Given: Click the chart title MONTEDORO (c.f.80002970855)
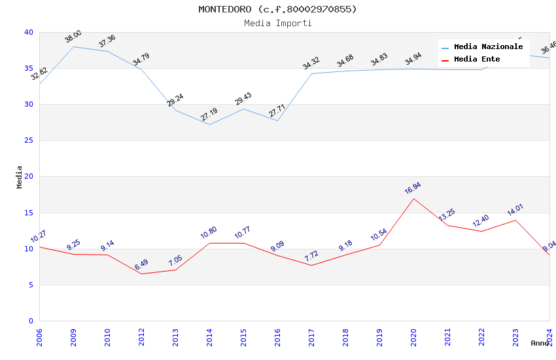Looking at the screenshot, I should coord(278,9).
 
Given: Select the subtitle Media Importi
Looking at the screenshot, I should coord(278,23).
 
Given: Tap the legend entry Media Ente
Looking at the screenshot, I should coord(477,60).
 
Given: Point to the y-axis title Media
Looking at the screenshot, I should coord(20,177).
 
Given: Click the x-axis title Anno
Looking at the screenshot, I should coord(540,343).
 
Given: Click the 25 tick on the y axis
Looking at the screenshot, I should coord(29,141).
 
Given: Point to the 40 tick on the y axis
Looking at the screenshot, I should coord(29,32).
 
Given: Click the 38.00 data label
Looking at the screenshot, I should coord(73,37).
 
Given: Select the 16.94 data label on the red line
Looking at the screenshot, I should coord(413,189).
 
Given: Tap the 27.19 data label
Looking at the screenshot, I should coord(209,115).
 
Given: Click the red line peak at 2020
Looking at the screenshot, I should coord(413,198).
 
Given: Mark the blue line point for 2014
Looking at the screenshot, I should coord(209,124).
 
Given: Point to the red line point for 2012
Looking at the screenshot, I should coord(141,274).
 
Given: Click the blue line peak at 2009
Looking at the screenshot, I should coord(73,46).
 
